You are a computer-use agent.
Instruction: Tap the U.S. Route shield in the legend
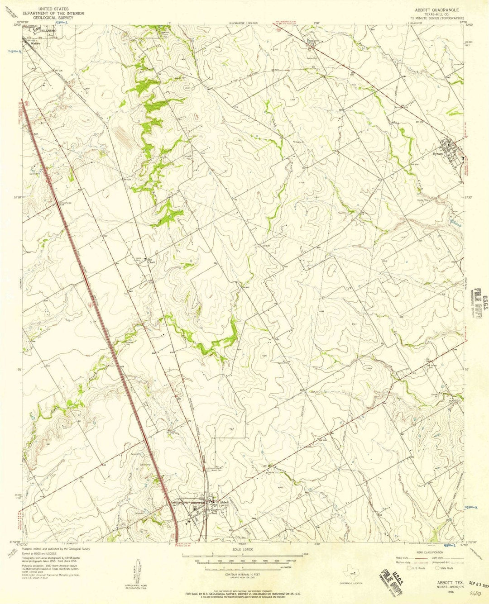[x=411, y=568]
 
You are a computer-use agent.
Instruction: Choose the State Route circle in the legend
[x=437, y=568]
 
